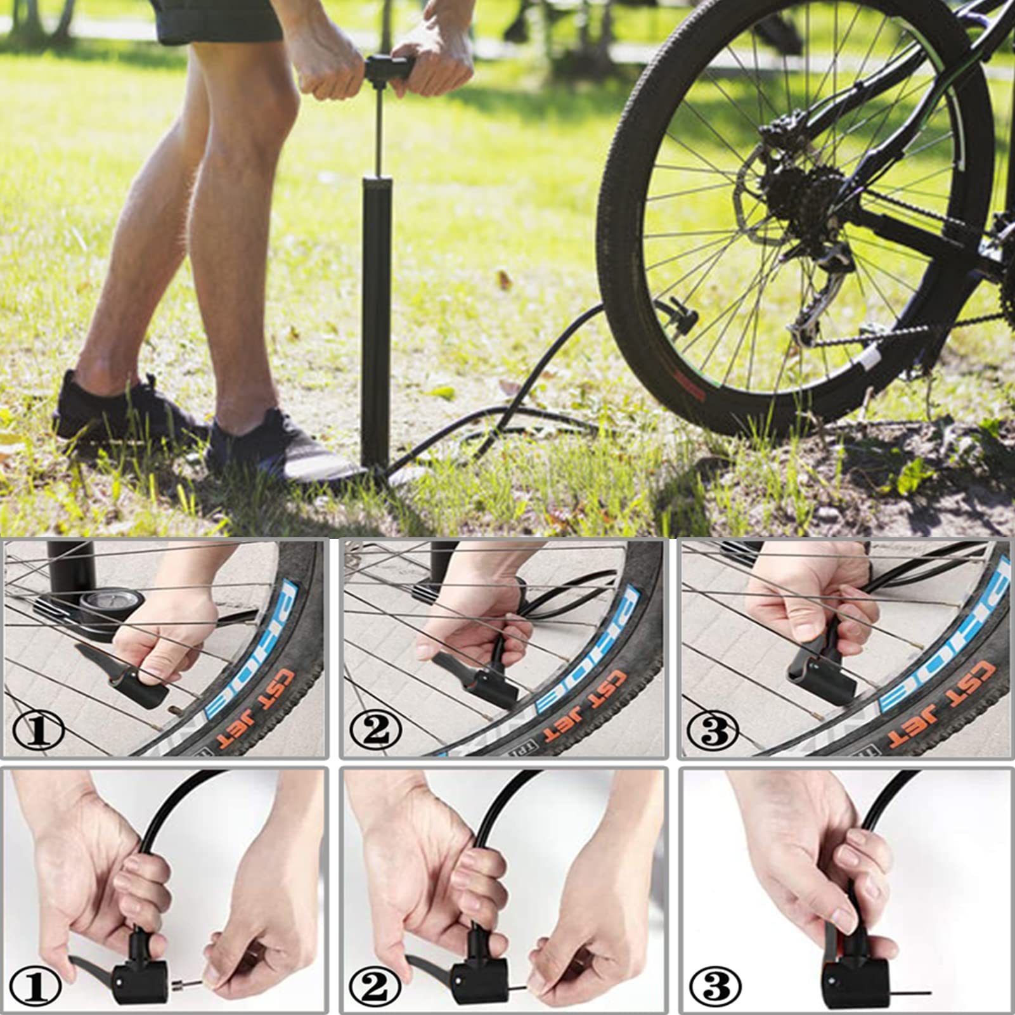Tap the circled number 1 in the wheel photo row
click(x=38, y=730)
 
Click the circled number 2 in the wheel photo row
click(x=377, y=730)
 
